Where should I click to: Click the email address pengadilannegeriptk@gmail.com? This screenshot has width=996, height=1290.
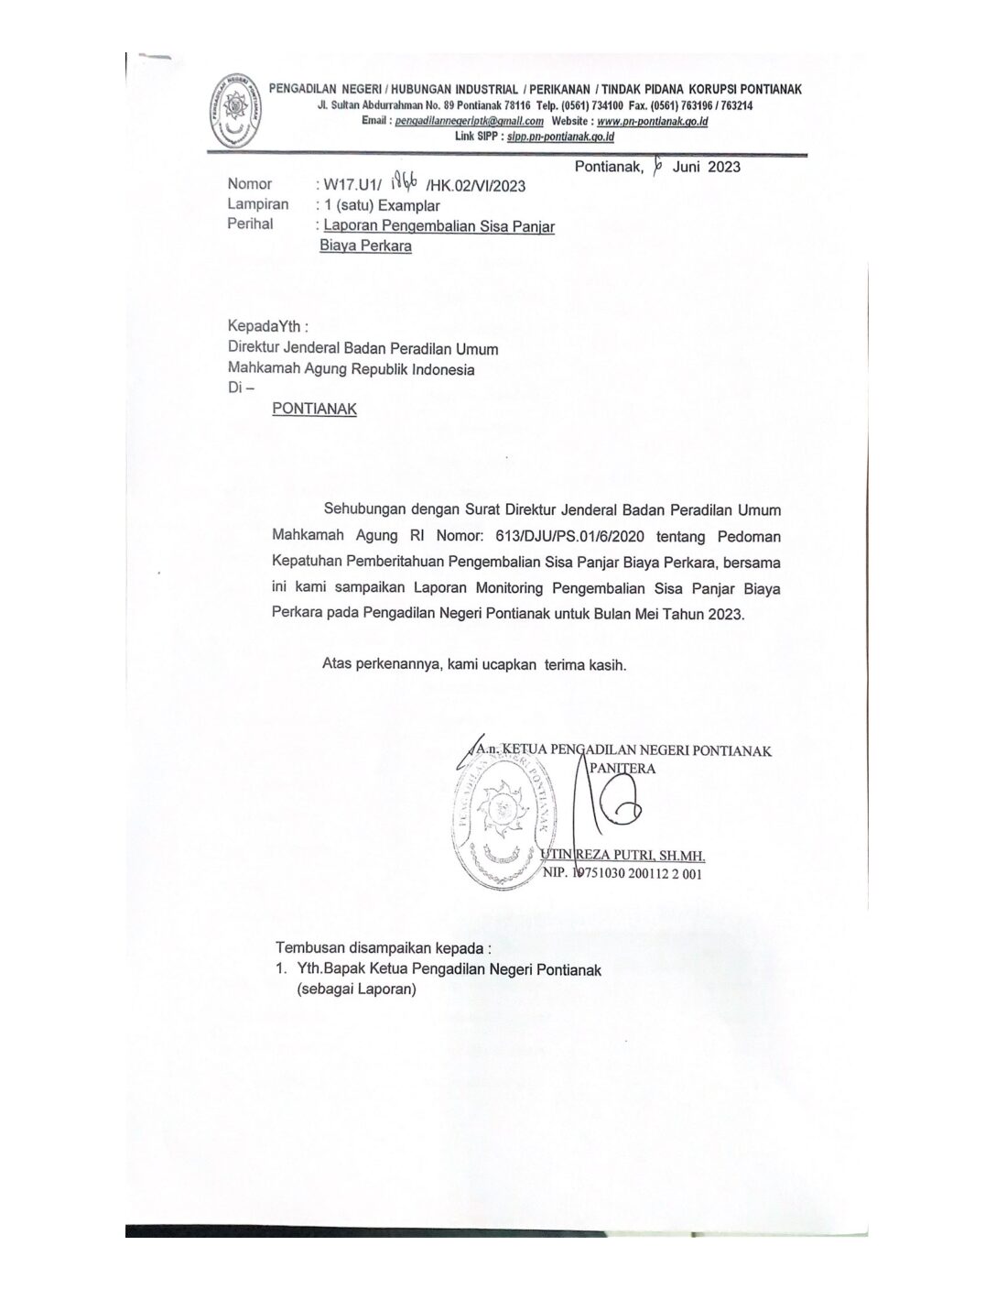[x=465, y=121]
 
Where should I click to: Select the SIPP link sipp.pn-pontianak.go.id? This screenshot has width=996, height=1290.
[x=559, y=137]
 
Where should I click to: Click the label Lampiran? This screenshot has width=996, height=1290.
[x=258, y=204]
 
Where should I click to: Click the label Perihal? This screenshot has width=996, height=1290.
[x=250, y=224]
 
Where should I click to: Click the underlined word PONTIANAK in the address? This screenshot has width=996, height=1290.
[x=314, y=409]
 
